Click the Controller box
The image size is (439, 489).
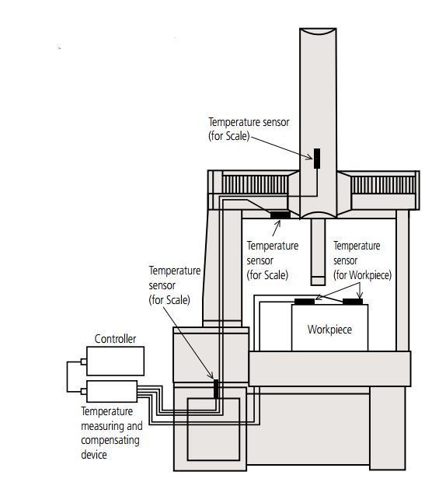[x=115, y=361]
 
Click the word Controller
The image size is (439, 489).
[x=115, y=339]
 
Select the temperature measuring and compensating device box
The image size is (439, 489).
[x=112, y=391]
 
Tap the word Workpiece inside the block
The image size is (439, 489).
[x=329, y=330]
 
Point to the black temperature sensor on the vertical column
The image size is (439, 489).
[x=317, y=159]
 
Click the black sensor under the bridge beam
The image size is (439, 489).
[x=280, y=215]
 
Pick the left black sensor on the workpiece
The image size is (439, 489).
[x=305, y=302]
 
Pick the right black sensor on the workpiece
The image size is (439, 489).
[x=353, y=302]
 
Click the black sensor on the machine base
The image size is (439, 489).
[x=216, y=389]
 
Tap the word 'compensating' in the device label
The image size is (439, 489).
[x=110, y=440]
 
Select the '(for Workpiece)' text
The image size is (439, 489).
[x=362, y=275]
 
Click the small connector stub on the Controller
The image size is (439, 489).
[x=84, y=362]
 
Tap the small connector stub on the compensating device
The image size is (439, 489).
[x=84, y=391]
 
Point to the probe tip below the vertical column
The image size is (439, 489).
[x=318, y=281]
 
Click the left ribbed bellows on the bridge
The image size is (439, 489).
[x=255, y=184]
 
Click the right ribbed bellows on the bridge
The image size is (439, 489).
[x=383, y=185]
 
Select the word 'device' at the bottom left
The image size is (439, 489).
[x=94, y=454]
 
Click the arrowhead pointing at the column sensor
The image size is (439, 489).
[x=309, y=158]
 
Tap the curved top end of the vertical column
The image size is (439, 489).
[x=318, y=32]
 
